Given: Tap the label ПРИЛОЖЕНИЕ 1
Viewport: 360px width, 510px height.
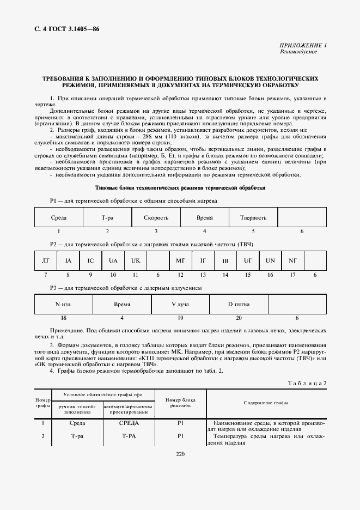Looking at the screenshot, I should tap(303, 45).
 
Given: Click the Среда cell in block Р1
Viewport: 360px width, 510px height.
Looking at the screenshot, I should tap(59, 217).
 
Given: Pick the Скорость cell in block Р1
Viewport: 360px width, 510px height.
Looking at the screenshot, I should tap(156, 217).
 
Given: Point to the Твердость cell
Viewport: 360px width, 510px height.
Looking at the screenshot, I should tap(253, 217).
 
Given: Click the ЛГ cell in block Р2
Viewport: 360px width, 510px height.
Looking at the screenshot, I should tap(45, 260).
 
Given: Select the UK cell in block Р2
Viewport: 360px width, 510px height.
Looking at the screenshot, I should tap(136, 260).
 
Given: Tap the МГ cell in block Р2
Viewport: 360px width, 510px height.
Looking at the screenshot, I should tap(181, 260).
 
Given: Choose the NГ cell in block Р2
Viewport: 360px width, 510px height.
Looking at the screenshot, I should tap(292, 260).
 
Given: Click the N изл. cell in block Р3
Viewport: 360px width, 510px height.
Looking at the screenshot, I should tap(64, 303).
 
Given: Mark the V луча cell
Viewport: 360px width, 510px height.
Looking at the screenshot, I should tap(180, 303).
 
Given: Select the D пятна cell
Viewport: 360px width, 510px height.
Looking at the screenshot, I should tap(238, 303).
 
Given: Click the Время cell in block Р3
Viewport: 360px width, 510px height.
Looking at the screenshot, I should tap(122, 303).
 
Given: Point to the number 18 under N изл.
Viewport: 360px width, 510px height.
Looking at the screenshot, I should tap(64, 317).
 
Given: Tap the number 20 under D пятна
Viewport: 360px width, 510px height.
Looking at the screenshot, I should tap(239, 317).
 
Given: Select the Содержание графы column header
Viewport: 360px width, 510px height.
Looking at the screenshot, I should tap(267, 403).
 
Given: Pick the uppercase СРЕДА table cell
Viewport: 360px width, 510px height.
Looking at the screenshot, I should tap(129, 423).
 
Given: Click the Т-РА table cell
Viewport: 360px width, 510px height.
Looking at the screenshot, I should tap(129, 436).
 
